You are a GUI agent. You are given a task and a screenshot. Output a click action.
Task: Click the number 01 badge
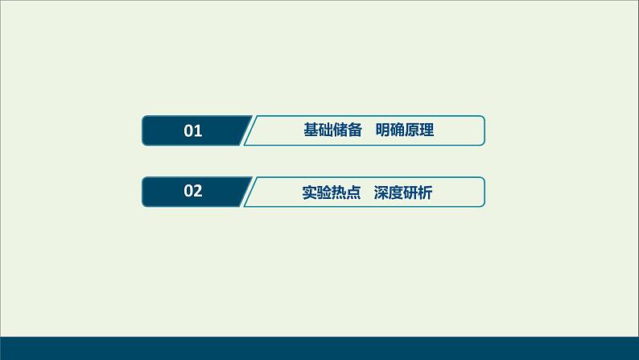point(193,130)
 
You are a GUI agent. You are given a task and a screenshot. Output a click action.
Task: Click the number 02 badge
point(193,192)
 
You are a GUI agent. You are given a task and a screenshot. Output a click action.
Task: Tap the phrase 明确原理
point(405,130)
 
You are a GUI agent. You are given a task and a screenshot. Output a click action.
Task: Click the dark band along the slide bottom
point(319,347)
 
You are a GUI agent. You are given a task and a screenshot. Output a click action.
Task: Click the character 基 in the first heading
point(311,130)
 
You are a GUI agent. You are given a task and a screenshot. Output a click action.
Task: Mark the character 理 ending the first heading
point(427,130)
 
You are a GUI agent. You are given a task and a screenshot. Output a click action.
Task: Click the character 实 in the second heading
point(309,192)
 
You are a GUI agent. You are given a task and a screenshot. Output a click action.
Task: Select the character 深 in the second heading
point(381,192)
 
